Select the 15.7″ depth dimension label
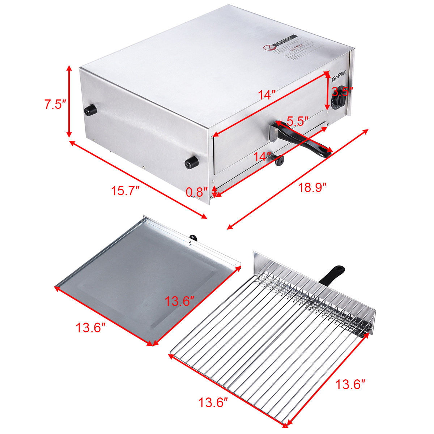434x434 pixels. (126, 190)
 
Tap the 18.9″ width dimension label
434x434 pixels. (313, 187)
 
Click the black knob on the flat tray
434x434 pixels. (193, 238)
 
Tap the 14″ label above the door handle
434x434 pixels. (267, 95)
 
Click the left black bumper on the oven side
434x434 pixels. (90, 109)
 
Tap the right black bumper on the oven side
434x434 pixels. (191, 162)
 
